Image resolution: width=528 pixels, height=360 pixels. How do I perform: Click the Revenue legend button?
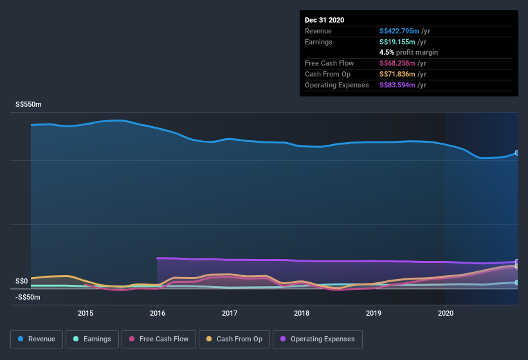coord(37,339)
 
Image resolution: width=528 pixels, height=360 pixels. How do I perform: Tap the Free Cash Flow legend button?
coord(158,339)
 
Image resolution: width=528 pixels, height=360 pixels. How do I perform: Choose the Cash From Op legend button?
coord(235,339)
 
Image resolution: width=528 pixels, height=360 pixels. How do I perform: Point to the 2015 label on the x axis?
coord(86,313)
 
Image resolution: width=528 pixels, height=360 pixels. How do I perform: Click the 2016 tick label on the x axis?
coord(158,313)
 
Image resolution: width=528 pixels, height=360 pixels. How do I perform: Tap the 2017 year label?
coord(230,313)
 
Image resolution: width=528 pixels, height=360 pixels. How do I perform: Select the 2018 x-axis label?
coord(302,313)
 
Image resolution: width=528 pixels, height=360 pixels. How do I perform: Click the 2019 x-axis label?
coord(374,313)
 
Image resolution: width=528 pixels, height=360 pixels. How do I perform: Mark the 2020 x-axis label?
coord(445,313)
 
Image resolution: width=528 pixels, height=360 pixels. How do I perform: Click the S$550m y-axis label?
coord(28,104)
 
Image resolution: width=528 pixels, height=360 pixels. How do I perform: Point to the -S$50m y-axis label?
coord(28,297)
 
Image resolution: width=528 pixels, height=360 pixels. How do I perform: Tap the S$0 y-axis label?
coord(22,281)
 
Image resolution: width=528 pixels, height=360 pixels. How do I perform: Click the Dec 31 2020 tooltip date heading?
coord(324,20)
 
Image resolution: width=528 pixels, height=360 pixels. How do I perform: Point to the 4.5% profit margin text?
coord(408,52)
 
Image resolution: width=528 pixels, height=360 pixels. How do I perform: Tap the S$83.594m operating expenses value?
coord(399,85)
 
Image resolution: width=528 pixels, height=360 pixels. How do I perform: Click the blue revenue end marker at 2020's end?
coord(516,153)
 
